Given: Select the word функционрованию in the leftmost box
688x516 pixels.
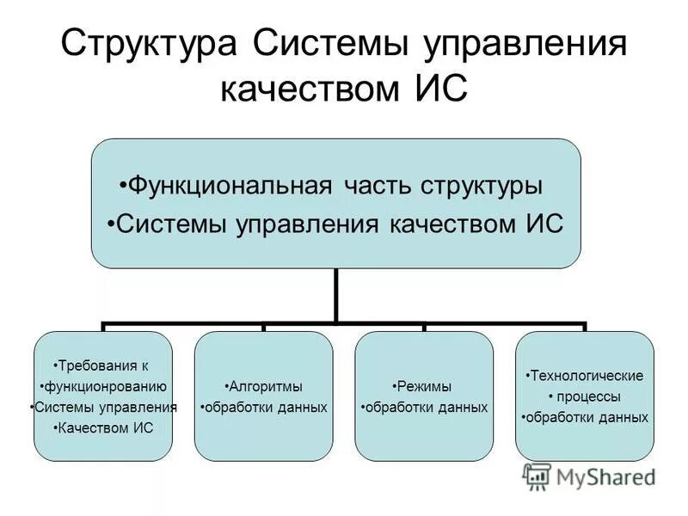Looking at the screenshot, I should pyautogui.click(x=105, y=386).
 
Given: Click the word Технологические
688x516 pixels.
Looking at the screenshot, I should pyautogui.click(x=587, y=376).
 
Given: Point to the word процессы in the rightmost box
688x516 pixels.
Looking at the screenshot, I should pyautogui.click(x=587, y=396).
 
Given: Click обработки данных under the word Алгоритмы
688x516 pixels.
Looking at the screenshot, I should pyautogui.click(x=265, y=407).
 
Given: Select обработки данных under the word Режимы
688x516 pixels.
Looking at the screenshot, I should pyautogui.click(x=426, y=407).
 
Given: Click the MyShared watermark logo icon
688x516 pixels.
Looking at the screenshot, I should pyautogui.click(x=537, y=476).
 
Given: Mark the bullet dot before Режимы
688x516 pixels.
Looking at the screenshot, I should pyautogui.click(x=396, y=386).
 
